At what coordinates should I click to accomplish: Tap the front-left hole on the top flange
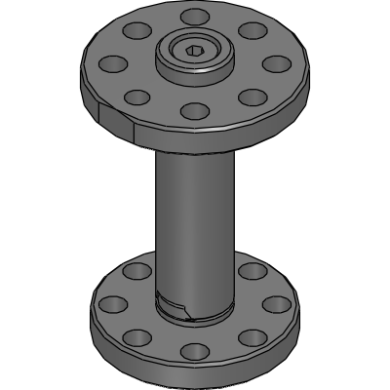point(137,96)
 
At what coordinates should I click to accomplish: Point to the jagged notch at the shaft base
point(176,310)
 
